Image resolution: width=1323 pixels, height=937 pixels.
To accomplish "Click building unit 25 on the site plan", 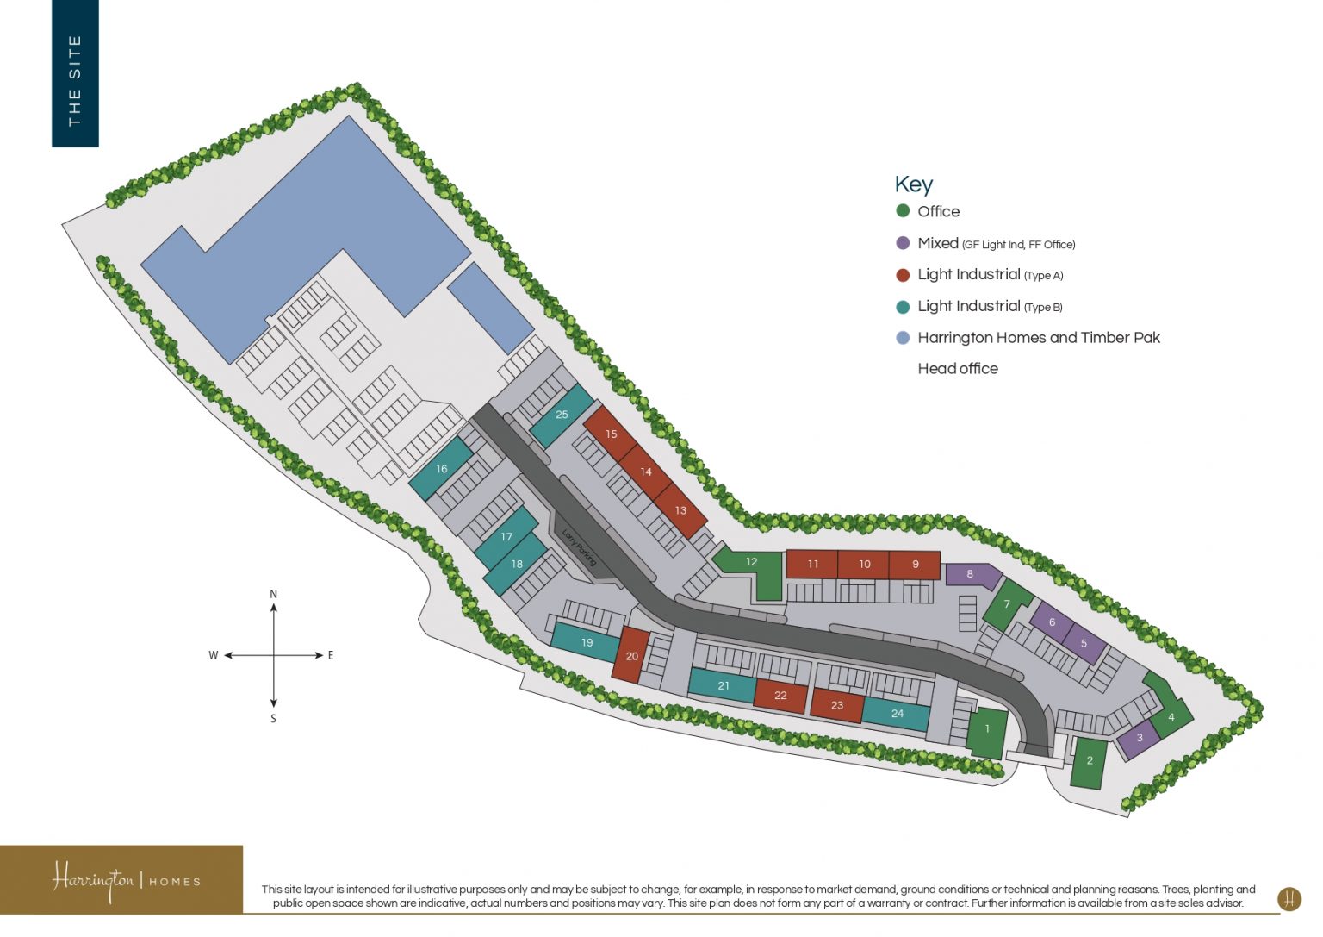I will [x=562, y=415].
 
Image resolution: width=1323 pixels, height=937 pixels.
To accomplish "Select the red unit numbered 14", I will [x=646, y=472].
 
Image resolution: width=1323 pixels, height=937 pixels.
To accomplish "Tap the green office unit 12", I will [x=751, y=562].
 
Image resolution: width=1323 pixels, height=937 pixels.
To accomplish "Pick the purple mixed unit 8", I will [x=971, y=574].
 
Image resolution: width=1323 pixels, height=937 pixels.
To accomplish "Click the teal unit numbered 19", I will [x=587, y=642].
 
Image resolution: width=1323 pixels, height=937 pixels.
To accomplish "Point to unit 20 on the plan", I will [x=631, y=656].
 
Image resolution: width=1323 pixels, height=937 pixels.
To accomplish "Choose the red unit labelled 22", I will [x=780, y=696].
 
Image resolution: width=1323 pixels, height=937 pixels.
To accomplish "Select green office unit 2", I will [x=1090, y=761].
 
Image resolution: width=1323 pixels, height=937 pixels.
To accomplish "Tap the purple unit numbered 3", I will [x=1140, y=739].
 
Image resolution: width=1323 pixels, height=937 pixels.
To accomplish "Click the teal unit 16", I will [x=441, y=470].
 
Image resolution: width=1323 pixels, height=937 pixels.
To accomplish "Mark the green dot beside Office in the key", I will [x=903, y=211].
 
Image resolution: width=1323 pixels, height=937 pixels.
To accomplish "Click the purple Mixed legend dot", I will [x=903, y=243].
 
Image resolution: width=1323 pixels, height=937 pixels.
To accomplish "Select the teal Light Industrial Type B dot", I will [x=903, y=307].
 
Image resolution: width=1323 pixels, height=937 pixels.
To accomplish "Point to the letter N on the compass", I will [x=274, y=594].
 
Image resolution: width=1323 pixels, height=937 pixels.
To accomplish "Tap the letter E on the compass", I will [x=331, y=655].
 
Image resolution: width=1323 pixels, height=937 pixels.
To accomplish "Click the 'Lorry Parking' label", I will [x=579, y=547].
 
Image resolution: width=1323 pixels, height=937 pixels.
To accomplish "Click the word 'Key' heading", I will [x=913, y=184].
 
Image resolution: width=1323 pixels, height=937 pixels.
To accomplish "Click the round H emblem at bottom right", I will [x=1289, y=899].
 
